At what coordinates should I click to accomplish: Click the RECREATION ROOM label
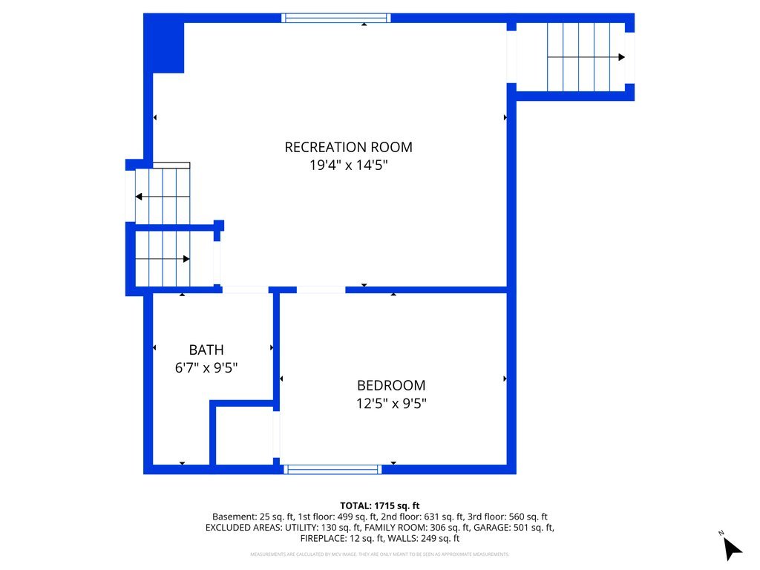(x=348, y=147)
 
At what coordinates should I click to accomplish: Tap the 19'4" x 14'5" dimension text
(x=348, y=165)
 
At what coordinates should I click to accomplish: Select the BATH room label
(x=206, y=350)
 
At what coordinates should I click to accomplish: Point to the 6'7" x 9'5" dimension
(x=206, y=367)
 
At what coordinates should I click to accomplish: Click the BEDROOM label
(x=391, y=386)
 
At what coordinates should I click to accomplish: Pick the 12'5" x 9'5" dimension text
(x=391, y=404)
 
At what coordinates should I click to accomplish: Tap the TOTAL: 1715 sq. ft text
(x=380, y=505)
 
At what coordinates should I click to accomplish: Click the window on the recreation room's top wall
(x=336, y=18)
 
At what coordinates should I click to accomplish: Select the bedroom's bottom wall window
(x=333, y=469)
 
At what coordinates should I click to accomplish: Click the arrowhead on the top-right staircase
(x=620, y=57)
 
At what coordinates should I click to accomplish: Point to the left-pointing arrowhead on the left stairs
(x=139, y=197)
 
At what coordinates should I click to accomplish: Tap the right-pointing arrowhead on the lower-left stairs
(x=186, y=258)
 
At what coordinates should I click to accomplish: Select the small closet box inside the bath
(x=244, y=435)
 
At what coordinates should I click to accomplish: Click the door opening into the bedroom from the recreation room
(x=321, y=289)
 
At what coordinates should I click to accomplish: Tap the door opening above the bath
(x=245, y=289)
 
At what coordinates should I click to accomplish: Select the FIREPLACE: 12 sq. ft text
(x=344, y=539)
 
